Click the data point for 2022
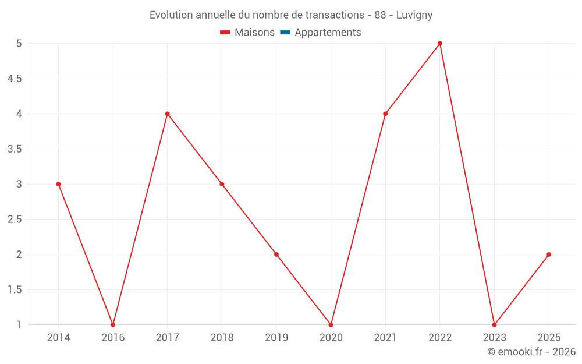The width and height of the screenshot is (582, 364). [440, 44]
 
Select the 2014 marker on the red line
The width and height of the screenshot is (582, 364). [58, 184]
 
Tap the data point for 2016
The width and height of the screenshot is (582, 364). [113, 324]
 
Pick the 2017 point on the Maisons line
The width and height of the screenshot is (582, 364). [168, 114]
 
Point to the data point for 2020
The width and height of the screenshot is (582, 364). [331, 324]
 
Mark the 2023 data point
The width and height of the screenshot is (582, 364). [494, 324]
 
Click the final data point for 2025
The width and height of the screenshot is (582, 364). [549, 255]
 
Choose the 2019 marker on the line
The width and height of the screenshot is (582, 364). [276, 255]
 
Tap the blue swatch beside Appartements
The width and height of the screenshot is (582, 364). [285, 33]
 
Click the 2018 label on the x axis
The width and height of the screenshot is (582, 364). [222, 338]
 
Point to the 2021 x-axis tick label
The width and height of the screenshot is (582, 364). [385, 338]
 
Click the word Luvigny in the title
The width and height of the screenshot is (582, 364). [414, 15]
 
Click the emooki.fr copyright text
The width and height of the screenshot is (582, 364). [531, 352]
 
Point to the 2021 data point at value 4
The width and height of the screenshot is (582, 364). [385, 114]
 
